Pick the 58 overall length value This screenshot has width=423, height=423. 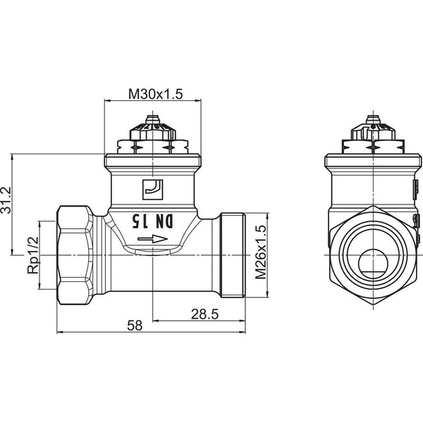click(x=134, y=326)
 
